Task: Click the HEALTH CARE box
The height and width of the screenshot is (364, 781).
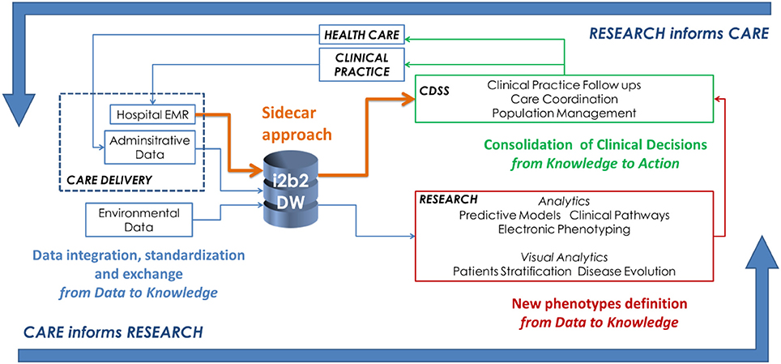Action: coord(361,34)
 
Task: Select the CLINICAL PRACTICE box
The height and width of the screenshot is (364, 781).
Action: coord(361,65)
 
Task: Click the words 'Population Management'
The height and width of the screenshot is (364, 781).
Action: coord(563,113)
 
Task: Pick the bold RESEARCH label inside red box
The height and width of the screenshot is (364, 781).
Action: coord(448,199)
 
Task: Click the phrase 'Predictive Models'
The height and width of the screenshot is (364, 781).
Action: coord(510,216)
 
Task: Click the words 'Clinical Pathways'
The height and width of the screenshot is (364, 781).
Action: coord(620,216)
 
